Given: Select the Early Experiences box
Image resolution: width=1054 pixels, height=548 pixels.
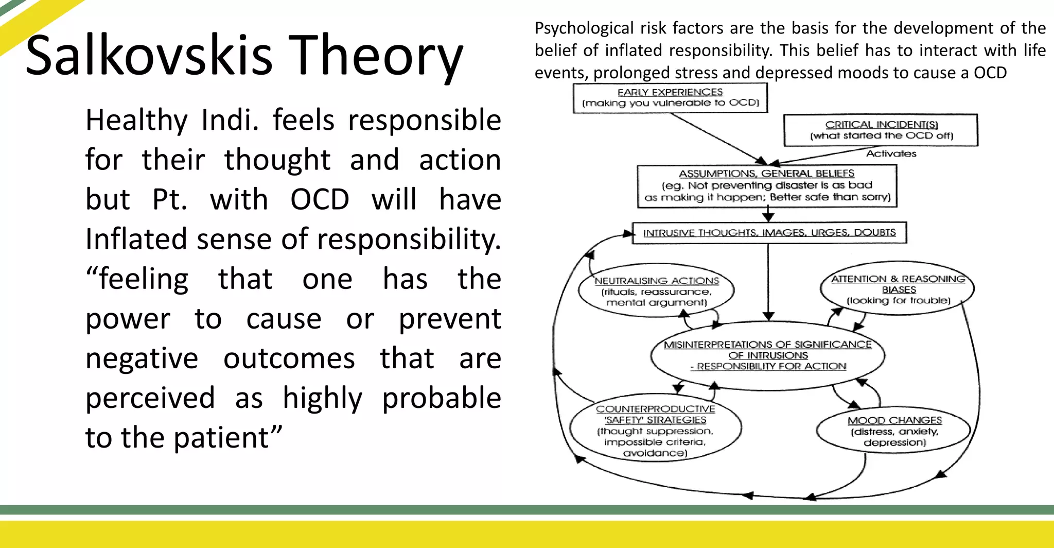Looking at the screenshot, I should (670, 98).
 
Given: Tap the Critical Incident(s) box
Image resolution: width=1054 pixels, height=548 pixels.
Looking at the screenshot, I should (881, 130).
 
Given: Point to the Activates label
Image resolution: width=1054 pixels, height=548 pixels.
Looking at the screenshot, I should (891, 153).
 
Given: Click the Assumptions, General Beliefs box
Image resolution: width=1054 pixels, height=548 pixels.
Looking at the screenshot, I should (767, 186).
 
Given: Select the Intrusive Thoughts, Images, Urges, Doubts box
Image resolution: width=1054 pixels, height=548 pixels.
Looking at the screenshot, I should (769, 233).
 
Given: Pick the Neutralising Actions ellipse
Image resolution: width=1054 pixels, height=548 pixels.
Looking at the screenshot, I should (656, 292).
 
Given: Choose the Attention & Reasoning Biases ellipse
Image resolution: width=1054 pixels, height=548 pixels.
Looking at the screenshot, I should (898, 289).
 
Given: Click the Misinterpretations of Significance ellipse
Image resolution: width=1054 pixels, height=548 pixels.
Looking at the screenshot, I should (767, 355).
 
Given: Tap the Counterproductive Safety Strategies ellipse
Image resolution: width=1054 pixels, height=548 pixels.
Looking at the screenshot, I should (655, 431).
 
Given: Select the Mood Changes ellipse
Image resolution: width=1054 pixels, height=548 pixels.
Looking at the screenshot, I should (894, 431).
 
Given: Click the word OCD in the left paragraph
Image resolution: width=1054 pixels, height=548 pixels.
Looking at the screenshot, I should (320, 200).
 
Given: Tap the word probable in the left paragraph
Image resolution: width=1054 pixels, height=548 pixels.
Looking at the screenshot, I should (441, 398).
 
